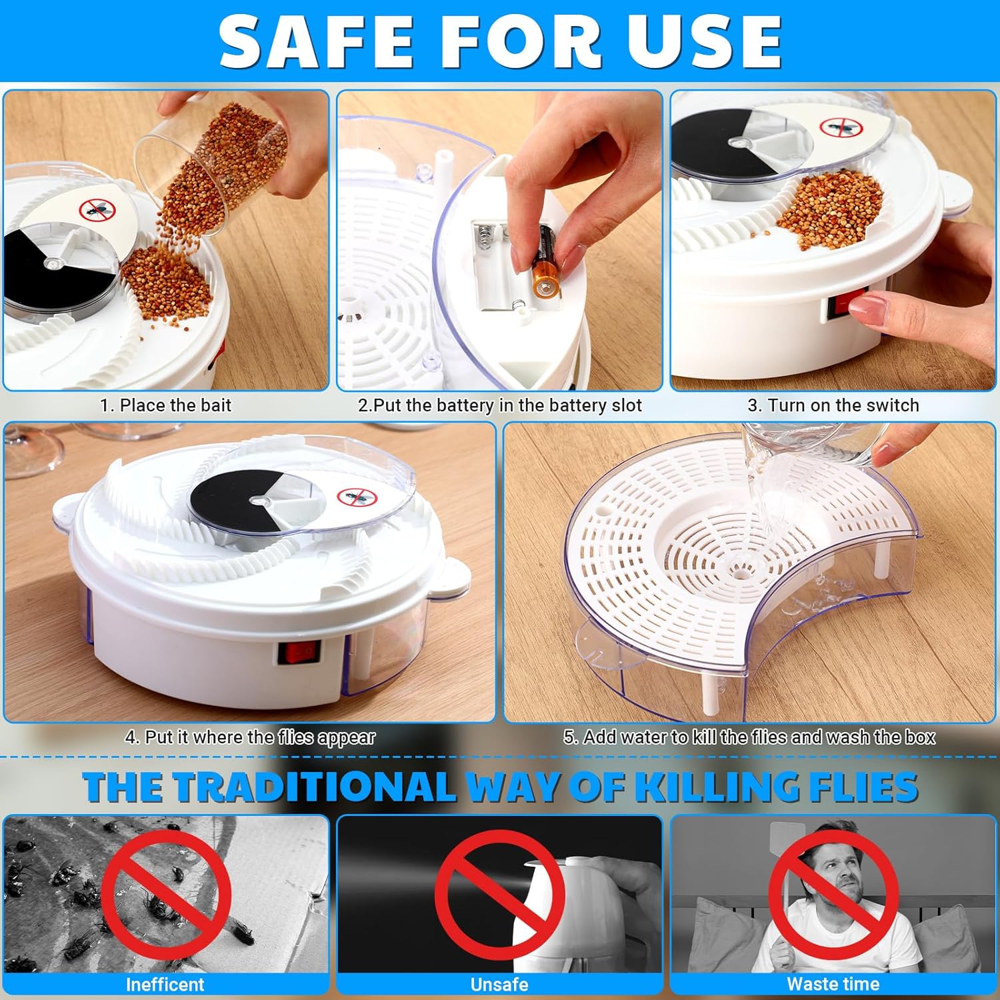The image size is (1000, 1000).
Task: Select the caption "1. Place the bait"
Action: point(165,405)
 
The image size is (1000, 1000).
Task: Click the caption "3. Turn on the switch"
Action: point(833,405)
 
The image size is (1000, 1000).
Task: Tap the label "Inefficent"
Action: point(165,985)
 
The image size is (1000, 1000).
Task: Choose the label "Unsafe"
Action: point(499,985)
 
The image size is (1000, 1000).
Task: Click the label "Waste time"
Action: point(833,984)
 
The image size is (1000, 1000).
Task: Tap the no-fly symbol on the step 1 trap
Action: point(98,210)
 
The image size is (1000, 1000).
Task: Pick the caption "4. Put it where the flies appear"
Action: point(250,737)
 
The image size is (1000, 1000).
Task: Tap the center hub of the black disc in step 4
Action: point(258,499)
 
